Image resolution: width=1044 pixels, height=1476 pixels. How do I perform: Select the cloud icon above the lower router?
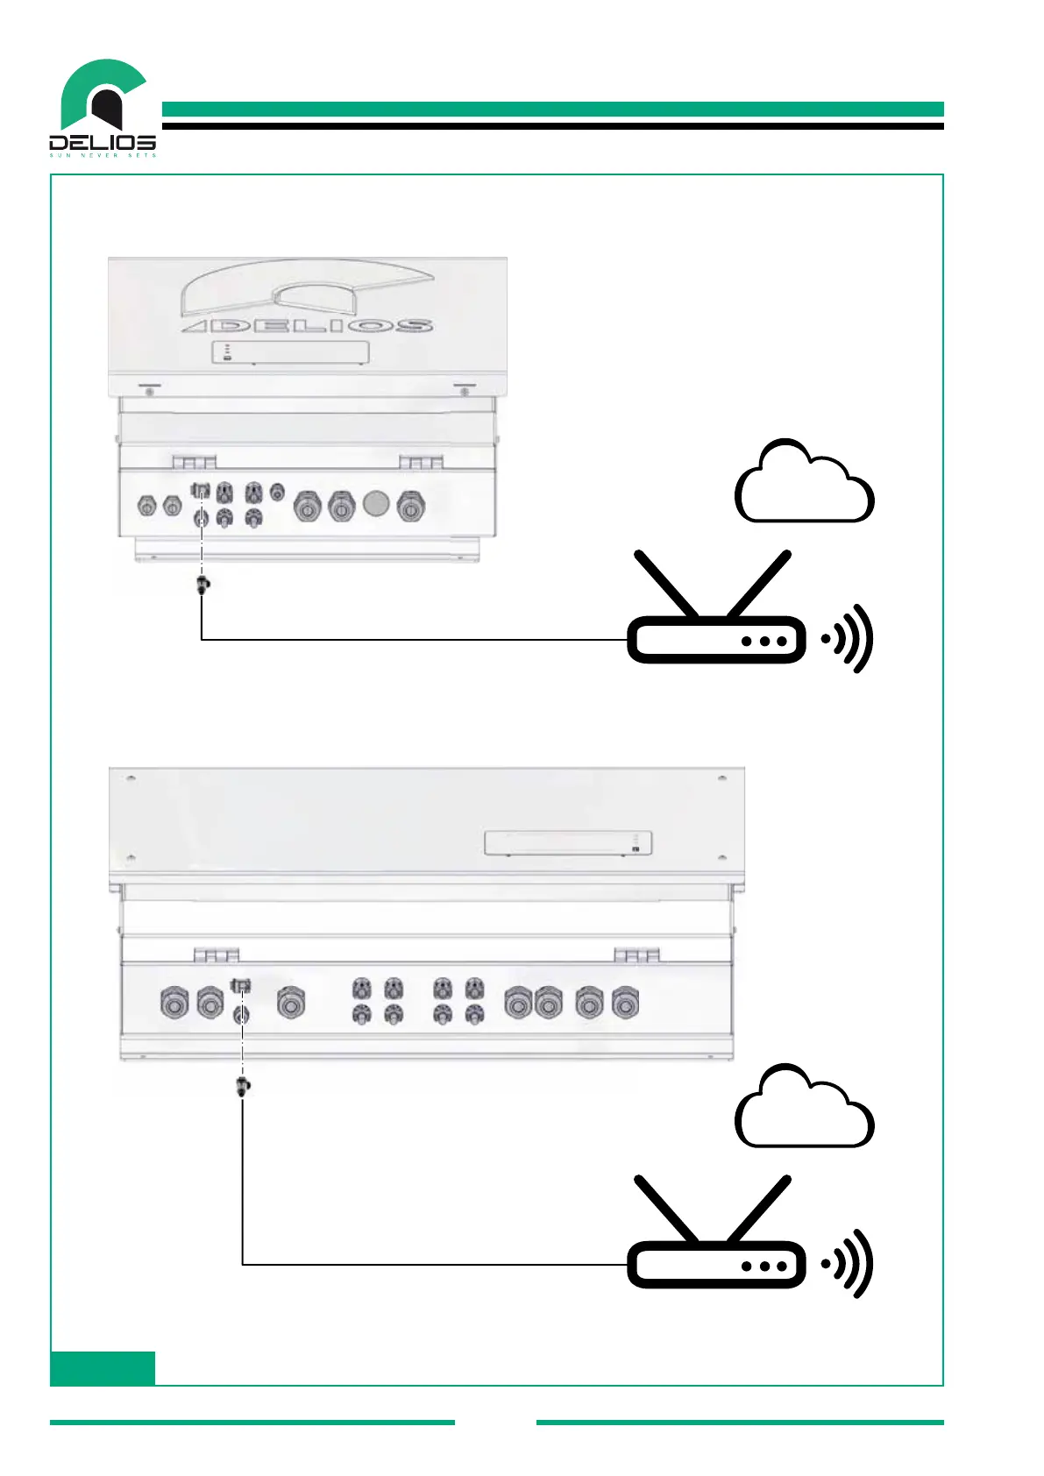[804, 1110]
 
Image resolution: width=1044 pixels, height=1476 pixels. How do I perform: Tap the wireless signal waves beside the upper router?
[849, 640]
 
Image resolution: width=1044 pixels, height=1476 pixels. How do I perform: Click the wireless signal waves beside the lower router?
[849, 1265]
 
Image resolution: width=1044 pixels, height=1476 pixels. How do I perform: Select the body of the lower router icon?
[715, 1265]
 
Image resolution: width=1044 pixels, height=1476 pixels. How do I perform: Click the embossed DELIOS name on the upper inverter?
[307, 326]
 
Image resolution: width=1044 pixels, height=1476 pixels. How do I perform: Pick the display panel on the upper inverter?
[290, 352]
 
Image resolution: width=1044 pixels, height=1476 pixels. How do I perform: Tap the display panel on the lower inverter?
[568, 843]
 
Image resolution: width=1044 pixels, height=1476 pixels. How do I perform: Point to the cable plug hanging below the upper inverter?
[203, 585]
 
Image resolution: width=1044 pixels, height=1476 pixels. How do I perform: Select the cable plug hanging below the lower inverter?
[243, 1087]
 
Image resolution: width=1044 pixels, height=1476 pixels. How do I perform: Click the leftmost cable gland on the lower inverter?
[174, 1003]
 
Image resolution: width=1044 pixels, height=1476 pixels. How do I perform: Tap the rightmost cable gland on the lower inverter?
[624, 1003]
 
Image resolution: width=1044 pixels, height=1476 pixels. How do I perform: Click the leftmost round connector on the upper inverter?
[146, 506]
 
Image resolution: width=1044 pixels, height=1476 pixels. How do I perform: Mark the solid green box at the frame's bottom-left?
[103, 1367]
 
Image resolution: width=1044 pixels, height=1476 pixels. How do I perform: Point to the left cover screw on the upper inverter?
[150, 391]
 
